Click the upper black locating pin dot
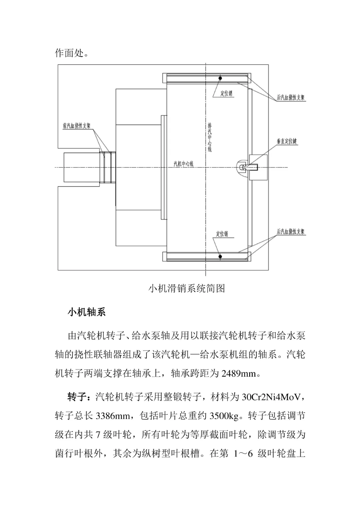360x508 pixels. point(220,78)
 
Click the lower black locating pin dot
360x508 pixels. point(220,256)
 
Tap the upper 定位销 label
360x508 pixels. point(226,93)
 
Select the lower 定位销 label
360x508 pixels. point(222,234)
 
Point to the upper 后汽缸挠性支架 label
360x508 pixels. point(291,98)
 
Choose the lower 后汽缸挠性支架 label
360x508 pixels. point(291,232)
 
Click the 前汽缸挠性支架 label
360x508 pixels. point(77,126)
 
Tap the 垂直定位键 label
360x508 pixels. point(287,141)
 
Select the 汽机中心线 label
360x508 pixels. point(184,164)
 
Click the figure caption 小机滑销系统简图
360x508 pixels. point(186,288)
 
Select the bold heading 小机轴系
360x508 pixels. point(87,312)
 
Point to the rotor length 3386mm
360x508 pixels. point(113,416)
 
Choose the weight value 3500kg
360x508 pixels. point(224,416)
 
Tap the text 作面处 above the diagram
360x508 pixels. point(69,53)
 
